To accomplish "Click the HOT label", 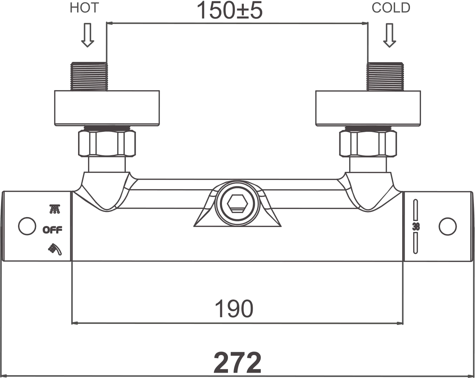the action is coord(84,8).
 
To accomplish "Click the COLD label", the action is coord(391,8).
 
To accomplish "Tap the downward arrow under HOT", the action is coord(88,35).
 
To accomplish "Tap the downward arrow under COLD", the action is coord(389,35).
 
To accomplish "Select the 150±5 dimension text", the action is coord(230,11).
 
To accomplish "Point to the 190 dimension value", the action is coord(234,309).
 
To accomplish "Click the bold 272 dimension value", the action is coord(237,363).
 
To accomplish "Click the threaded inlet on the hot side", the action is coord(89,76).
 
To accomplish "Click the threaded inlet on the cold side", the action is coord(385,76).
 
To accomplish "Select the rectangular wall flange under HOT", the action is coord(107,108).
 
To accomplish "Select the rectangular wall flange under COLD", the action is coord(368,108).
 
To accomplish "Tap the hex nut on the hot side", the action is coord(107,144).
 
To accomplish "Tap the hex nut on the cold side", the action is coord(368,144).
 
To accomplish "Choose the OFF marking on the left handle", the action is coord(52,230).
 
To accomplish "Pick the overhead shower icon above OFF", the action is coord(54,209).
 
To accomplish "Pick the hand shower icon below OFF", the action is coord(55,249).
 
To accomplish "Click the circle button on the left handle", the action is coord(27,226).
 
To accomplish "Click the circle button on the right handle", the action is coord(448,227).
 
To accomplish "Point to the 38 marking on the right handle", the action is coord(416,227).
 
